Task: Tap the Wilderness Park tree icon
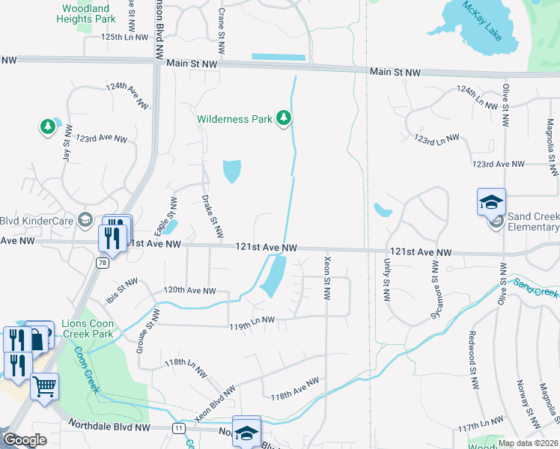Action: point(283,118)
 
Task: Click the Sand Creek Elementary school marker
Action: point(492,201)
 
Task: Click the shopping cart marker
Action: point(44,388)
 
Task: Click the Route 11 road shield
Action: point(177,427)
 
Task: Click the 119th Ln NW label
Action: point(252,320)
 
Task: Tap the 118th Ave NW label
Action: point(294,391)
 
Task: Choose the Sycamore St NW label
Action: point(435,299)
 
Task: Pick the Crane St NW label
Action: point(221,31)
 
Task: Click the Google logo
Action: point(24,440)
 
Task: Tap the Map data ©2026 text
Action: point(527,443)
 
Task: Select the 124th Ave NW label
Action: point(127,97)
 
